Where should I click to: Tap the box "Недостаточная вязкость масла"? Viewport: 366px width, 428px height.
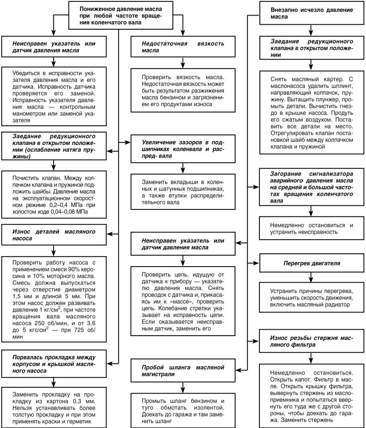click(x=183, y=47)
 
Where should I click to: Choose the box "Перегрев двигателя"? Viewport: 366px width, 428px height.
click(x=311, y=264)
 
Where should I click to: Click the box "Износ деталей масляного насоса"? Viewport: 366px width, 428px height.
click(x=54, y=235)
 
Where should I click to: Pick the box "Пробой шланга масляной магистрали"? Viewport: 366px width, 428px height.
click(x=183, y=371)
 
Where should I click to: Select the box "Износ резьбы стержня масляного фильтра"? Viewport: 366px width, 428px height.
click(x=311, y=341)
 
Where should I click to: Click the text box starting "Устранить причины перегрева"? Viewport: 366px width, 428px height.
click(x=311, y=297)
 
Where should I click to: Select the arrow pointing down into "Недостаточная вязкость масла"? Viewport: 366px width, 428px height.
click(x=183, y=32)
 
